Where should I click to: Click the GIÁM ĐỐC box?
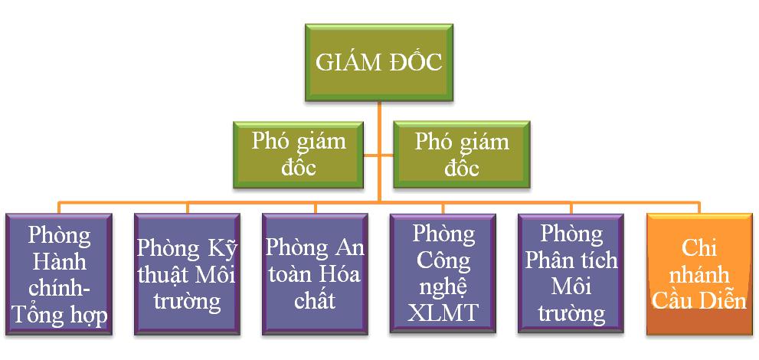pyautogui.click(x=379, y=63)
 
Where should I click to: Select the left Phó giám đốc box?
pyautogui.click(x=298, y=155)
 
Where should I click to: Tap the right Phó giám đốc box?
pyautogui.click(x=462, y=155)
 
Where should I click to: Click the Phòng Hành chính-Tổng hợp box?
pyautogui.click(x=59, y=274)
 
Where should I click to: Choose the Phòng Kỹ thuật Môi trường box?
pyautogui.click(x=188, y=274)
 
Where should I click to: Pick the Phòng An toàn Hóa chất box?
pyautogui.click(x=315, y=274)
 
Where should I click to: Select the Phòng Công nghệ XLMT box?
pyautogui.click(x=443, y=274)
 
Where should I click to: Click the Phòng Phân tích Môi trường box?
pyautogui.click(x=571, y=274)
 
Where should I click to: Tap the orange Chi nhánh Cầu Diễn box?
pyautogui.click(x=699, y=274)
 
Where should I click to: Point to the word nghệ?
pyautogui.click(x=443, y=289)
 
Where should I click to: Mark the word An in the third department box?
pyautogui.click(x=348, y=248)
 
